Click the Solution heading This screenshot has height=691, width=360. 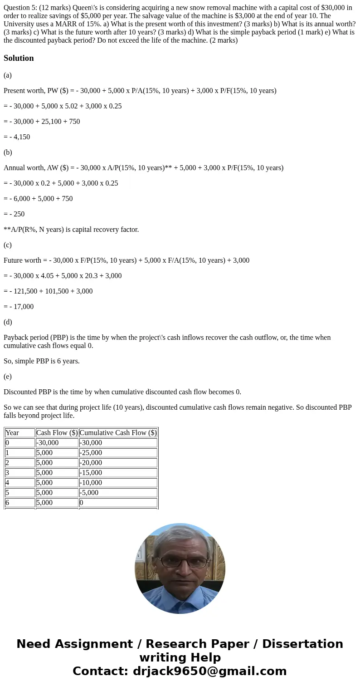19,58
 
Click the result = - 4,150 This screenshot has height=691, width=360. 17,137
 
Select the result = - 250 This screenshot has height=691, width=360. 14,214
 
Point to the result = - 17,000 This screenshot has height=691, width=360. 19,306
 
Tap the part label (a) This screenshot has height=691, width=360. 8,75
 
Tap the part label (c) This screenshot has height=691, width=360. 8,245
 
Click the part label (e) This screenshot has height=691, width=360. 8,376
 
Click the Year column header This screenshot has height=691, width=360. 12,433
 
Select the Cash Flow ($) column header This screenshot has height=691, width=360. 57,433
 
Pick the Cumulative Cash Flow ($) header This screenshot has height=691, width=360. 118,433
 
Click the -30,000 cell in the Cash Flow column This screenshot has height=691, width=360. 48,443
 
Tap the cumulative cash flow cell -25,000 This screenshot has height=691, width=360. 91,453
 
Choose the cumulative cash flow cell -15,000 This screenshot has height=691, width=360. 91,473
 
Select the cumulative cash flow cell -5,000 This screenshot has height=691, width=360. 89,493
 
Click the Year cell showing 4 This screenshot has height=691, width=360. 7,483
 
